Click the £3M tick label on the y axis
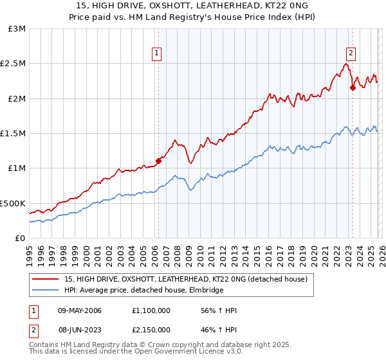click(x=16, y=29)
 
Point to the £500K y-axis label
click(x=13, y=203)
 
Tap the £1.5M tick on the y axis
click(x=13, y=134)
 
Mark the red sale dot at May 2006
click(x=158, y=161)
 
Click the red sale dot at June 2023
click(x=353, y=88)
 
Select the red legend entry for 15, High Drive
click(x=186, y=279)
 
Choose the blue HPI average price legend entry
click(x=143, y=291)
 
